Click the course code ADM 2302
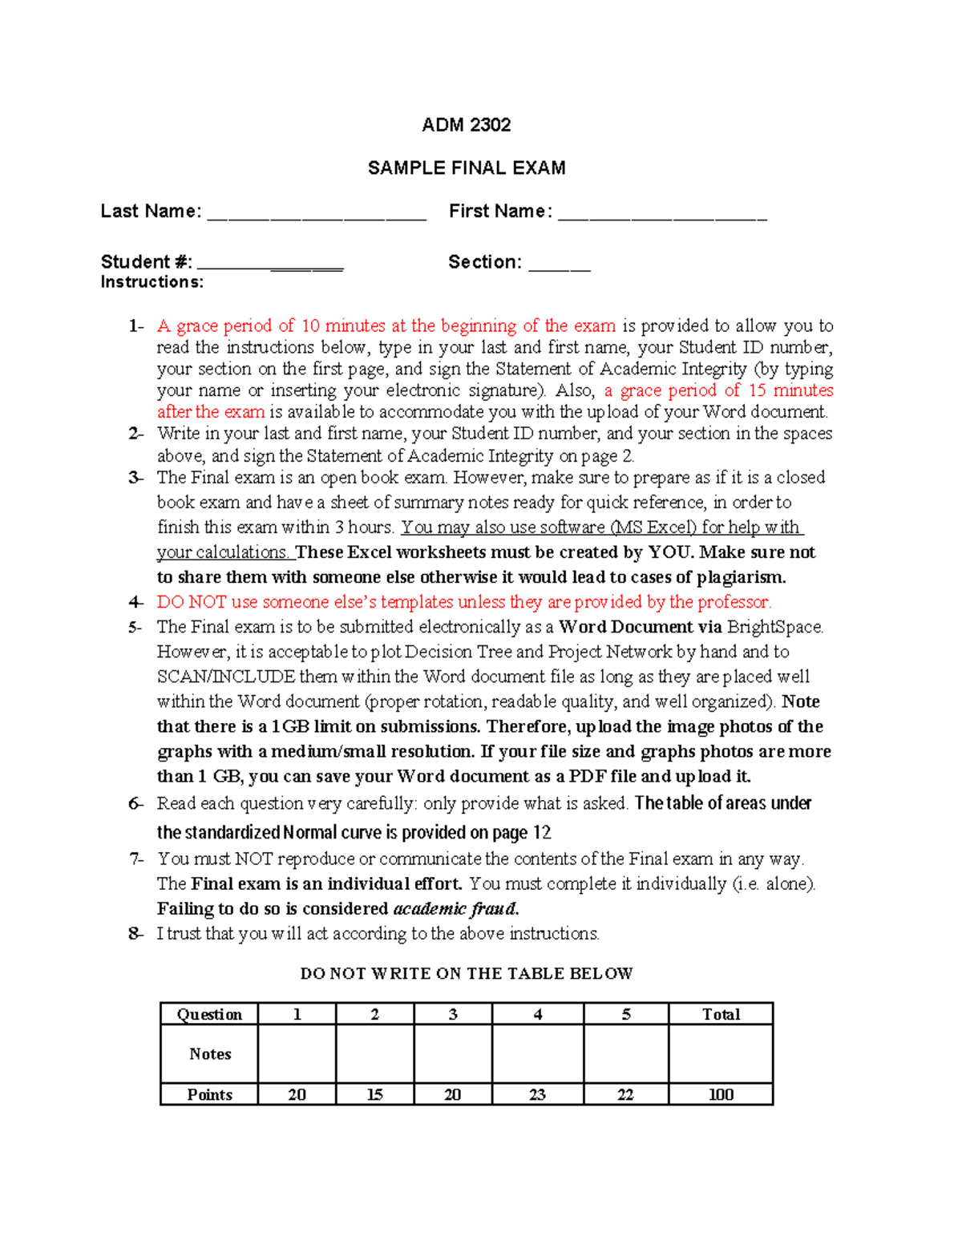tap(466, 125)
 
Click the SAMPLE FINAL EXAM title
tap(466, 168)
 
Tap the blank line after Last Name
tap(317, 215)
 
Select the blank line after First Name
tap(662, 215)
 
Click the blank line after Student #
tap(270, 265)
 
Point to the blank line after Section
tap(560, 265)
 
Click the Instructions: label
tap(152, 282)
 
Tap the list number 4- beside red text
tap(135, 602)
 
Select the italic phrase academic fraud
tap(455, 908)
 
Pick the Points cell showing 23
tap(537, 1094)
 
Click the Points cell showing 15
tap(374, 1094)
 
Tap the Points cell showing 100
tap(721, 1094)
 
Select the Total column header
tap(721, 1014)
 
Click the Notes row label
tap(210, 1054)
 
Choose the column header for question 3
tap(453, 1014)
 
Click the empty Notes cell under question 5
tap(626, 1054)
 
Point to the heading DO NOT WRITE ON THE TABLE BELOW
tap(467, 973)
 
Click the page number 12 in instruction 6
tap(542, 832)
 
